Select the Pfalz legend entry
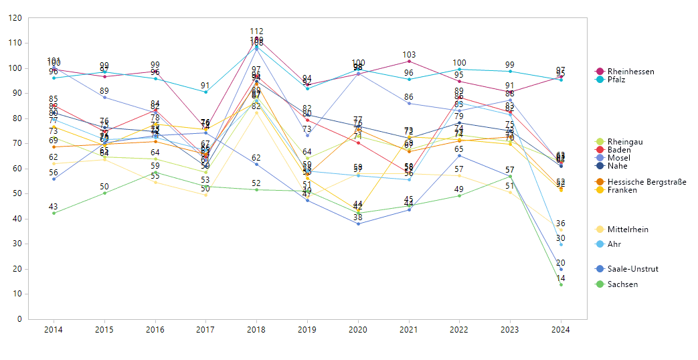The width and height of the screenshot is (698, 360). [x=616, y=80]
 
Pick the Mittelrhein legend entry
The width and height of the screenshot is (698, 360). [x=628, y=230]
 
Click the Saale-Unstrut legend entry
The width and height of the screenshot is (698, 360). [x=632, y=269]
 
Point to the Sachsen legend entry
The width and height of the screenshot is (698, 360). [x=622, y=284]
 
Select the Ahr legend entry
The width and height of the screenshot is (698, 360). [x=614, y=244]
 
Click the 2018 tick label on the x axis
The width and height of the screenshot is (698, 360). [x=256, y=330]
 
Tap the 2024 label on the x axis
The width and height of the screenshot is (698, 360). [x=561, y=330]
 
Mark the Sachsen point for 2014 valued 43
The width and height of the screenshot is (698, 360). [x=54, y=213]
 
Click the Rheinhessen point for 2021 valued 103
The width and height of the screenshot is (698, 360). [x=409, y=61]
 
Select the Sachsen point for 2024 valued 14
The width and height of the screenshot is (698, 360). [x=561, y=284]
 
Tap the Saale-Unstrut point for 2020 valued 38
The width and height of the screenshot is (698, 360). [x=358, y=223]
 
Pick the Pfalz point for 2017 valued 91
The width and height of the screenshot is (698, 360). [x=205, y=92]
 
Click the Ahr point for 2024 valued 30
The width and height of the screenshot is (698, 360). [x=561, y=244]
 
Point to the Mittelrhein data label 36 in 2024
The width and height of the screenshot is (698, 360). [x=561, y=223]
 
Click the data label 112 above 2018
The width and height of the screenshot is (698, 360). [x=256, y=31]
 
